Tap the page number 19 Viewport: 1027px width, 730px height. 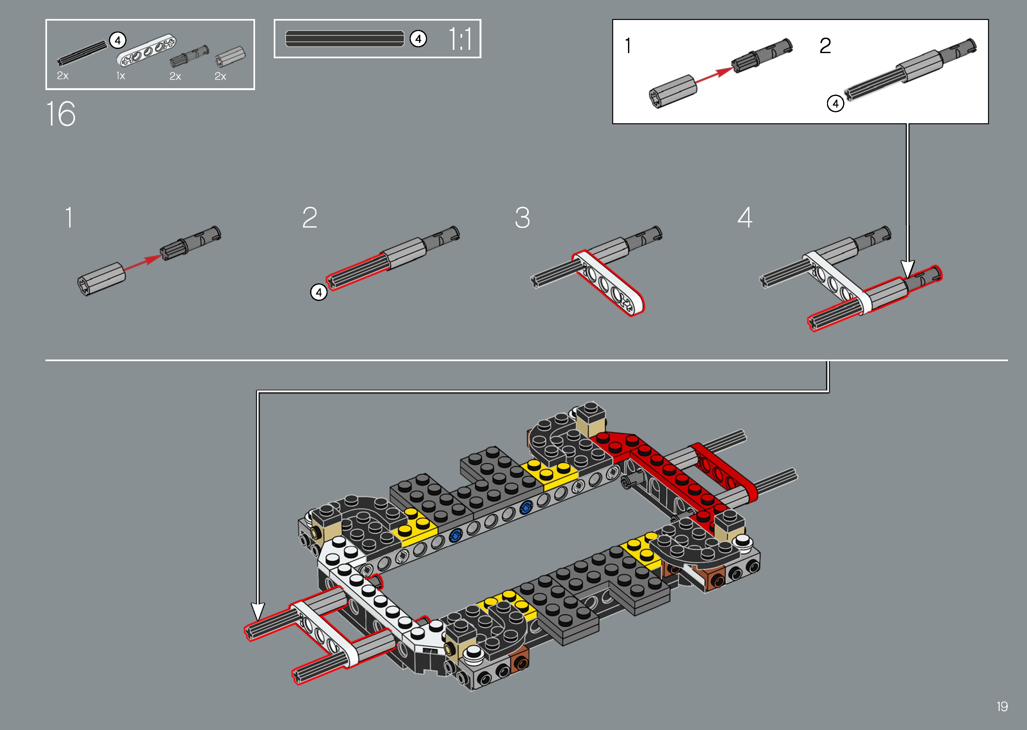pos(1002,707)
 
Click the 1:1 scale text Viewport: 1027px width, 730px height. pos(461,39)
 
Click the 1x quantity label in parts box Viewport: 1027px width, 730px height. pos(120,76)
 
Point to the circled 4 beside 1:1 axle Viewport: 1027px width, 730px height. pos(418,39)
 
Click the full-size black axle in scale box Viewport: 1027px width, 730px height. pos(345,39)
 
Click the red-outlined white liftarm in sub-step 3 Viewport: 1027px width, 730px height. pos(610,284)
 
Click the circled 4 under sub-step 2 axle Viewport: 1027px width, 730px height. pos(319,293)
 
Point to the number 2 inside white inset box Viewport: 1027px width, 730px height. pos(825,46)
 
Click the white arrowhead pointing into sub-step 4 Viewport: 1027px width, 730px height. pos(908,269)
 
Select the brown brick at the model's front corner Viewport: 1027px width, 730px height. pos(520,661)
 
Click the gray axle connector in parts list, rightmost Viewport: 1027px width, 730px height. pos(230,57)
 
